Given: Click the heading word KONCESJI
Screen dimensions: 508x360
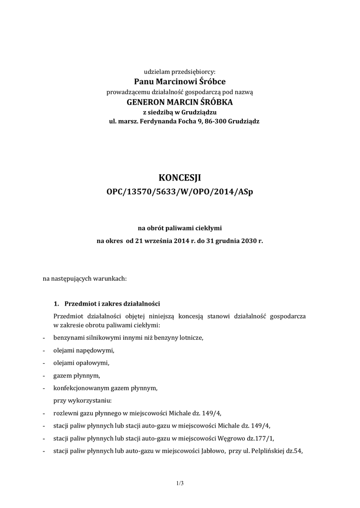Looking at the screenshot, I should [x=180, y=178].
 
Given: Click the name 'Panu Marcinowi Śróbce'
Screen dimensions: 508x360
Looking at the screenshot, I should [x=180, y=81].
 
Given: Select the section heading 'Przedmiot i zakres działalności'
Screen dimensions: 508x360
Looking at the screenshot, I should [x=112, y=304].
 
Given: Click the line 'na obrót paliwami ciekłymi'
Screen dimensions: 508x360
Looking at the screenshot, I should [x=180, y=228].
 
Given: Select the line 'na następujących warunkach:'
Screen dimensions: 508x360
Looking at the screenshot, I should [x=85, y=278].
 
